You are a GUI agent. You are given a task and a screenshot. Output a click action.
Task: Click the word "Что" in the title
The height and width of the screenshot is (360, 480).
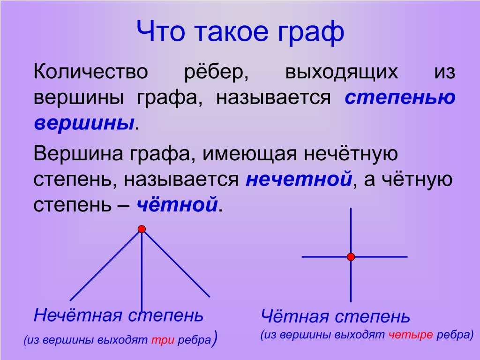[161, 31]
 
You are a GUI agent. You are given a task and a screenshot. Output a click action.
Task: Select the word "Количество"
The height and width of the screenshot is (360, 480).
[90, 72]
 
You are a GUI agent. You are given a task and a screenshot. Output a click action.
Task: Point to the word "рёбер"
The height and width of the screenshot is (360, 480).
[216, 73]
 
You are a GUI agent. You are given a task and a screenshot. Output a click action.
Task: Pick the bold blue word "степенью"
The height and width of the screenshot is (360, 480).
[400, 98]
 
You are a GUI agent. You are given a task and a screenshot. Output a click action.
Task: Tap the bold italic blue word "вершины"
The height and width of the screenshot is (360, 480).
[84, 124]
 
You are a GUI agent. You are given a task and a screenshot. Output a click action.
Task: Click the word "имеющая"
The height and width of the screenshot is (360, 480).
[250, 154]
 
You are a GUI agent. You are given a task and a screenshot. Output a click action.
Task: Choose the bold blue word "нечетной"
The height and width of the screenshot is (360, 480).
[299, 179]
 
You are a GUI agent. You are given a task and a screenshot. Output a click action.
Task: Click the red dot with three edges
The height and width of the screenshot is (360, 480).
[142, 229]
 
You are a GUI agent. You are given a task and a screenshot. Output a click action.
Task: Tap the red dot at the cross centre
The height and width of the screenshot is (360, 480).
[351, 256]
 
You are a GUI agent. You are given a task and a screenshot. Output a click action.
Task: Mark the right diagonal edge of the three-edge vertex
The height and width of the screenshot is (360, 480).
[177, 264]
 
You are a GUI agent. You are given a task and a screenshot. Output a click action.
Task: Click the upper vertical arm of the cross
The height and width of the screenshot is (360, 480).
[351, 230]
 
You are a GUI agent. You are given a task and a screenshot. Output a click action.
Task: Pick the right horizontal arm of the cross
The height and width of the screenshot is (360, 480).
[382, 256]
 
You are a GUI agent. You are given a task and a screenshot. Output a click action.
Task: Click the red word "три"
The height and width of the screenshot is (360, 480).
[163, 340]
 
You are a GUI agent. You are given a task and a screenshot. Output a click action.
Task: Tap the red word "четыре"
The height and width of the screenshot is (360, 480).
[411, 335]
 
